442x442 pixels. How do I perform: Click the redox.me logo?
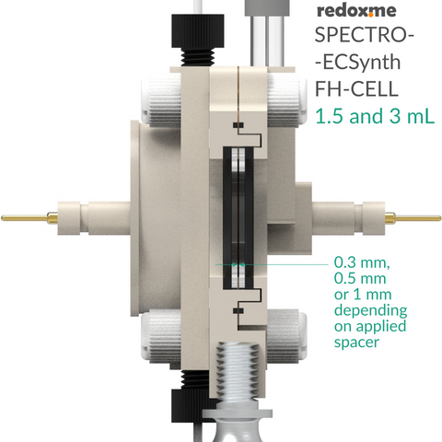pos(356,10)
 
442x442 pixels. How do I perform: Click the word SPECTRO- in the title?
pos(365,35)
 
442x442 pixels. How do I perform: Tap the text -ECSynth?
pos(358,63)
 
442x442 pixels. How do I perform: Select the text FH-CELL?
pos(356,88)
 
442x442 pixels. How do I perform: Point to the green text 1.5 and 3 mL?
pos(375,116)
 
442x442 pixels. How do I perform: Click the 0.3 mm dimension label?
pos(362,262)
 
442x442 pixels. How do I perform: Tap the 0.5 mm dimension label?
pos(360,278)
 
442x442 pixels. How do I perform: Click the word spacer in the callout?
pos(356,343)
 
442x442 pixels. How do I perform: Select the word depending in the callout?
pos(370,310)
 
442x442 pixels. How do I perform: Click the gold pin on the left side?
pos(29,218)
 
